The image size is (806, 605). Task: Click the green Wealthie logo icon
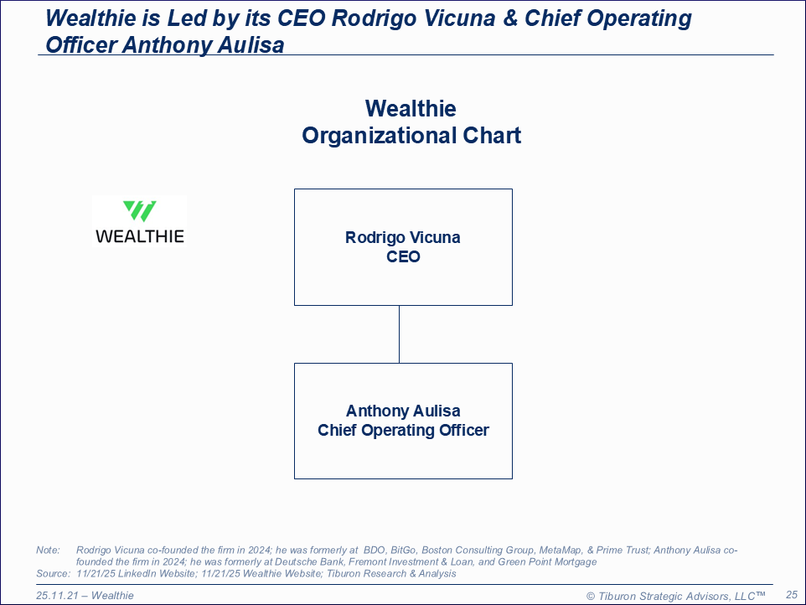pyautogui.click(x=139, y=211)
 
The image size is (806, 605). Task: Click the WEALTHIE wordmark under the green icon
pyautogui.click(x=140, y=236)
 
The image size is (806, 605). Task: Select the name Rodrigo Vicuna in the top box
pyautogui.click(x=403, y=237)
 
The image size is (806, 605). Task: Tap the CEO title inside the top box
pyautogui.click(x=403, y=256)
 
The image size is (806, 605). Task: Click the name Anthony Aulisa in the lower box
pyautogui.click(x=403, y=411)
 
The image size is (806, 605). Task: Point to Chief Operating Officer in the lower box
pyautogui.click(x=403, y=430)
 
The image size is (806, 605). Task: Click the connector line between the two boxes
pyautogui.click(x=400, y=334)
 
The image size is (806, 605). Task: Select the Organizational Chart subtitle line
pyautogui.click(x=411, y=136)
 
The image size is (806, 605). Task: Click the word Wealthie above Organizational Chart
pyautogui.click(x=411, y=108)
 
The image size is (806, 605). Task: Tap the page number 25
pyautogui.click(x=792, y=595)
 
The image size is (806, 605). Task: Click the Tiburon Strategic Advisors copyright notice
pyautogui.click(x=676, y=596)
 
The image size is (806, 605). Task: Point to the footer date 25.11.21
pyautogui.click(x=57, y=595)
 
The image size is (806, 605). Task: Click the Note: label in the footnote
pyautogui.click(x=48, y=550)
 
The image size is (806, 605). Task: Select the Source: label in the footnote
pyautogui.click(x=53, y=573)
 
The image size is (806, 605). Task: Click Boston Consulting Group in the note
pyautogui.click(x=478, y=550)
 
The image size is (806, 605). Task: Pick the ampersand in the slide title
pyautogui.click(x=510, y=18)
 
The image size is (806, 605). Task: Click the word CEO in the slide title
pyautogui.click(x=302, y=18)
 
